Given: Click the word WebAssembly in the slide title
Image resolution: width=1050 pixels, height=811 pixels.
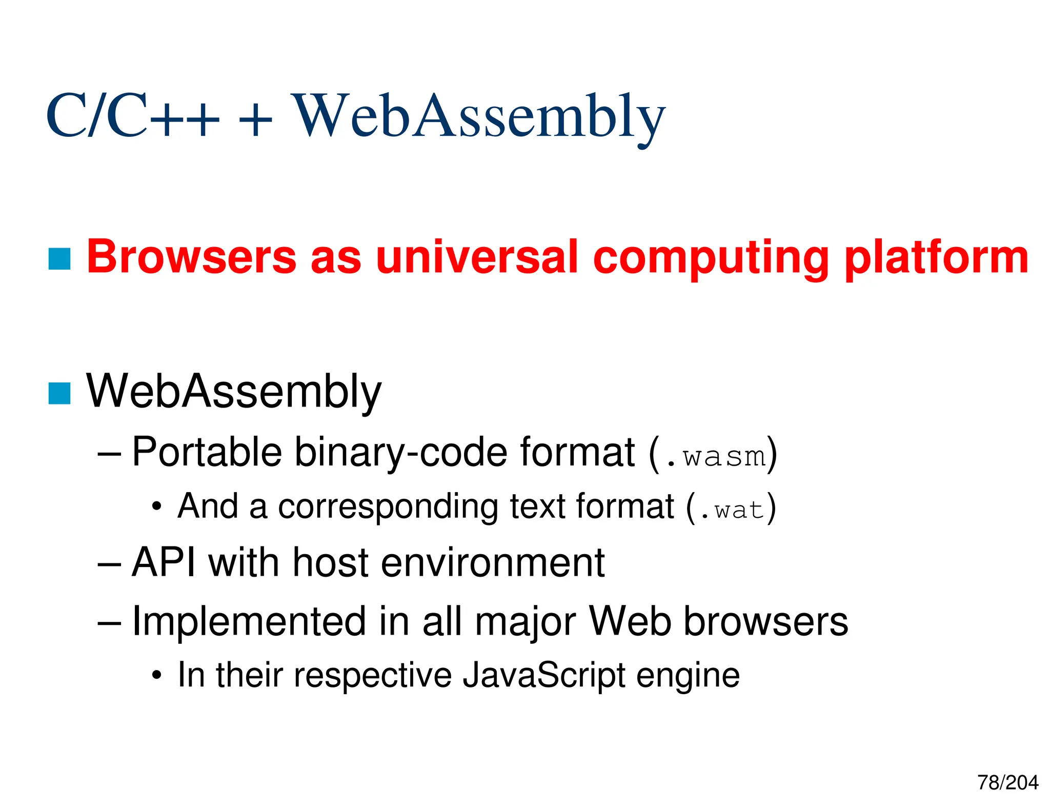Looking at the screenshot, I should (478, 117).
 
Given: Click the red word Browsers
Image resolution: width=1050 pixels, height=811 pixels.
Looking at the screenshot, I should (192, 257).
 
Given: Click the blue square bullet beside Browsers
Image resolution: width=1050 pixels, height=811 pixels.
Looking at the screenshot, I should (59, 259).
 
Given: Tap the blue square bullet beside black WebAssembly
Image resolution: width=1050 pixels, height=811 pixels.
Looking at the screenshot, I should (59, 393).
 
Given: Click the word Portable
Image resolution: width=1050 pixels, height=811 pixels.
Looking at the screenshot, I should (207, 452).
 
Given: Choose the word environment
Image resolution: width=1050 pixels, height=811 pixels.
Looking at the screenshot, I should (493, 563).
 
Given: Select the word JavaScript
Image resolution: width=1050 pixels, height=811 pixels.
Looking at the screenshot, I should (544, 676).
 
